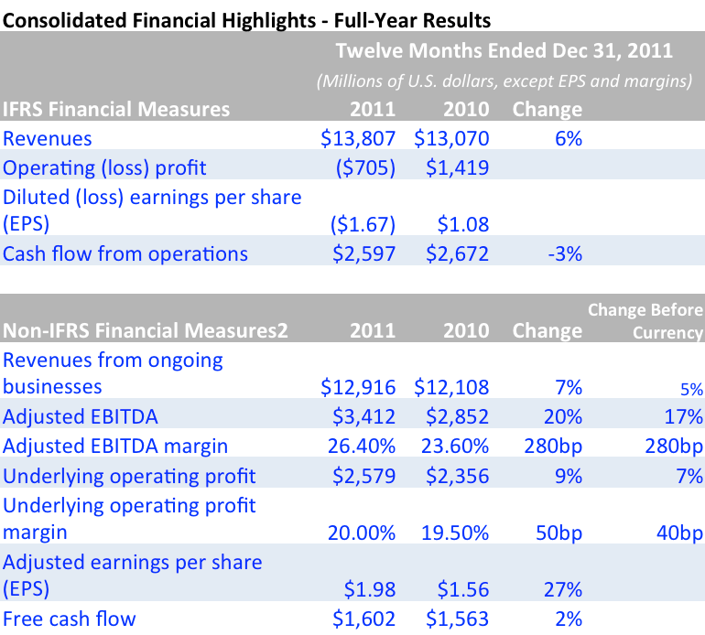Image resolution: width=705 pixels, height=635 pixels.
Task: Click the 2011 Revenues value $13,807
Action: [x=358, y=139]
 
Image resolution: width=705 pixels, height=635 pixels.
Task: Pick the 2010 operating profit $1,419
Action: [x=459, y=167]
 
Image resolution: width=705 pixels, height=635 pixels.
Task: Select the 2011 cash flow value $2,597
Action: [x=364, y=253]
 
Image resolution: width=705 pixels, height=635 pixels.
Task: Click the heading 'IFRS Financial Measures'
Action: [x=116, y=110]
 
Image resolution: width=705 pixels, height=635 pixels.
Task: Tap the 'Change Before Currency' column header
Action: [x=645, y=321]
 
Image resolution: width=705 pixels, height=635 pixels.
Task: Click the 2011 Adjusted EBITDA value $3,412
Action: [x=364, y=417]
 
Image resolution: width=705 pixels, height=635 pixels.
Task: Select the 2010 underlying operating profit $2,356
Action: [x=459, y=476]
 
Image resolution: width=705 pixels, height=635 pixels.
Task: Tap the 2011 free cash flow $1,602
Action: [x=364, y=619]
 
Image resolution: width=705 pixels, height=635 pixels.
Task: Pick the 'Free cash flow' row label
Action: [x=70, y=619]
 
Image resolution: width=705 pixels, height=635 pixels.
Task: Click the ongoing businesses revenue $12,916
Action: [x=358, y=388]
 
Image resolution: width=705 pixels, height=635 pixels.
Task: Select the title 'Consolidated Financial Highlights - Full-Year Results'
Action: [x=246, y=17]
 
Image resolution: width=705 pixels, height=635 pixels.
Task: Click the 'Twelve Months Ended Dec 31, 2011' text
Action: [x=504, y=49]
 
